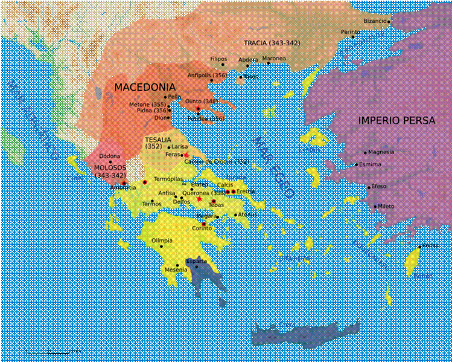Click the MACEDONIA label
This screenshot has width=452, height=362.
[x=145, y=86]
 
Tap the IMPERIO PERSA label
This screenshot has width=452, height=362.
[x=396, y=120]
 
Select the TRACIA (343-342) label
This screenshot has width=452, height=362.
[x=272, y=44]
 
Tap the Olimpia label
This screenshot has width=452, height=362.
[x=162, y=240]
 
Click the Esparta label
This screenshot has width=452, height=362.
[x=197, y=260]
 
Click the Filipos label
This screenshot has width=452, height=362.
[x=218, y=60]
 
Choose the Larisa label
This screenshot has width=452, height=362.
[x=180, y=147]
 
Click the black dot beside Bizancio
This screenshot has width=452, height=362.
[x=390, y=21]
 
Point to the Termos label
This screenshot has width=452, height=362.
[x=152, y=203]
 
